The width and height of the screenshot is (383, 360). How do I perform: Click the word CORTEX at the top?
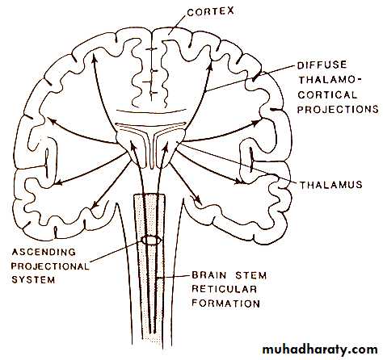tap(210, 12)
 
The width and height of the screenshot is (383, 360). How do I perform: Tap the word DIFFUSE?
tap(322, 65)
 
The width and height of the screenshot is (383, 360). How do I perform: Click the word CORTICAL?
tap(327, 94)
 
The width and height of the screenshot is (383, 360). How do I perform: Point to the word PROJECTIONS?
tap(338, 109)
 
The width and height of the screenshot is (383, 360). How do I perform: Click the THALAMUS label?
tap(331, 185)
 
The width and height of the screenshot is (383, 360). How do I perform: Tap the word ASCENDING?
tap(44, 252)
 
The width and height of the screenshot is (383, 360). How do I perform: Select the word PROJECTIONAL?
tap(50, 266)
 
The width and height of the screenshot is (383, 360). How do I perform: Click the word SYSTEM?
tap(33, 280)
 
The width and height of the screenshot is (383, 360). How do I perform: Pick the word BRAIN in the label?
tap(209, 275)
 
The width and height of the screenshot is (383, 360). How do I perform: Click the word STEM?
tap(251, 275)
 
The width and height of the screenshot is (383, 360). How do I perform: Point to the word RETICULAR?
tap(224, 289)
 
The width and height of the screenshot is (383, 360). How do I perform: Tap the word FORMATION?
tap(225, 303)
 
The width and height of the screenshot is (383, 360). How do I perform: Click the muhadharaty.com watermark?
tap(320, 350)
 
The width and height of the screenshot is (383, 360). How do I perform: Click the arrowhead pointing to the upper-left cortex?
tap(94, 57)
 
